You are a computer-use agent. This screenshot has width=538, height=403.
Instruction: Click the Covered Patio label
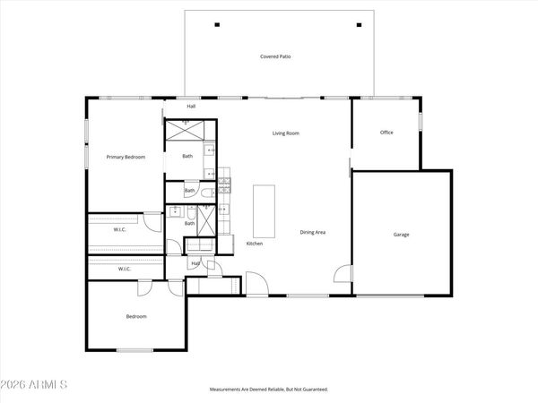click(275, 56)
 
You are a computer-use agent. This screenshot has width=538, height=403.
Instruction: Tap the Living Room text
click(286, 133)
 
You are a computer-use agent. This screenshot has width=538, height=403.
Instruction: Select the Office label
click(386, 133)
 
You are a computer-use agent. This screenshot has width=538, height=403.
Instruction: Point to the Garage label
click(401, 235)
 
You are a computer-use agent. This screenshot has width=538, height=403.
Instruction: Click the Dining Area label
click(312, 232)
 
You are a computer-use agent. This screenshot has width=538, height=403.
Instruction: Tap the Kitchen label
click(254, 244)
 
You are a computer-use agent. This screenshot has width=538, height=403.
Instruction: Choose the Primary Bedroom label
click(126, 157)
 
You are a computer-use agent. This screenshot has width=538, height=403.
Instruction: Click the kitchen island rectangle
click(265, 208)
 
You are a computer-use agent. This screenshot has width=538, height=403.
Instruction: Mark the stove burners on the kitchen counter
click(225, 186)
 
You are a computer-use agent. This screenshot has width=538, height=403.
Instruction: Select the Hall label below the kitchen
click(195, 263)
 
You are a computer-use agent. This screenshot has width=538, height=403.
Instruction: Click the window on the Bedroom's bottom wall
click(134, 350)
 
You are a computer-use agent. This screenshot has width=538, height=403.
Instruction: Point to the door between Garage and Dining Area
click(343, 273)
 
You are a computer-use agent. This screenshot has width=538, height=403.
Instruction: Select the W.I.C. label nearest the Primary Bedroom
click(119, 230)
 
